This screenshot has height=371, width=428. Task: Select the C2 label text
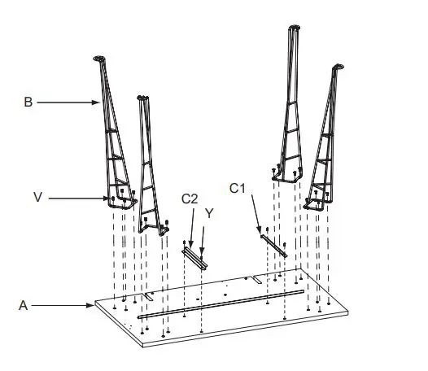coord(190,199)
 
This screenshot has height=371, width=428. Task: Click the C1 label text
coord(238,188)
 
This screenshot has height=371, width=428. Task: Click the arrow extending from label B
coord(68,103)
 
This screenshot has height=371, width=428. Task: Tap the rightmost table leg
coord(328,138)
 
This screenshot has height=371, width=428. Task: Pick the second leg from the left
coord(146,163)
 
